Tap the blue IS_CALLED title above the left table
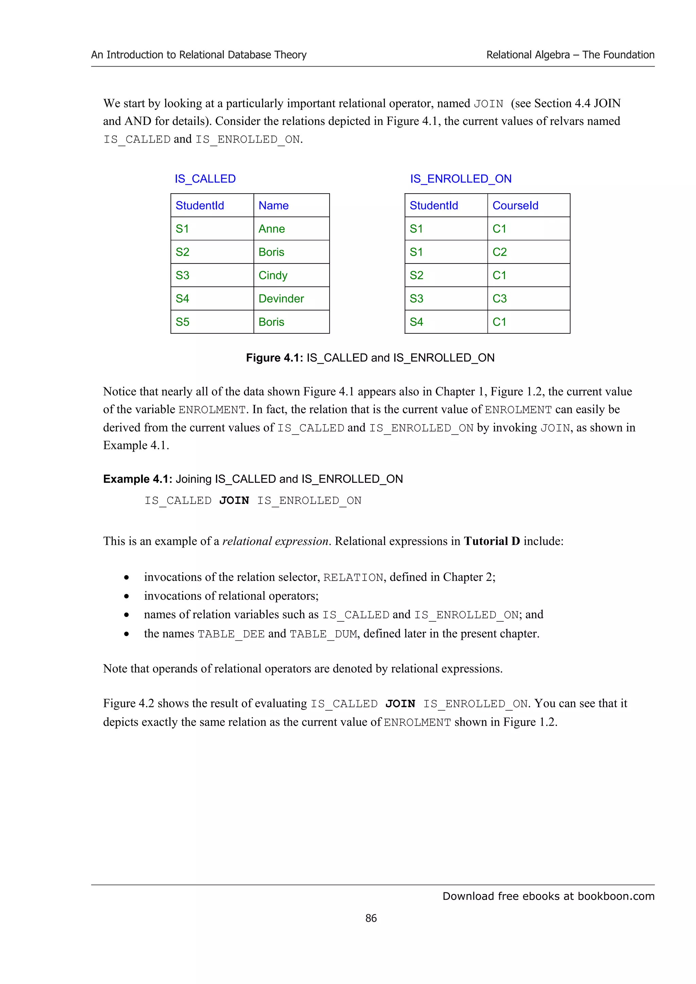coord(205,179)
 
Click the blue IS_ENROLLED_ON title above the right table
coord(460,179)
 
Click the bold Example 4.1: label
coord(137,479)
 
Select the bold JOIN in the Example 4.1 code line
coord(234,500)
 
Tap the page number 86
coord(371,918)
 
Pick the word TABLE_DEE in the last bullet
coord(231,634)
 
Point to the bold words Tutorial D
coord(491,541)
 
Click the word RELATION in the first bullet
coord(353,578)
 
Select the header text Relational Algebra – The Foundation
coord(570,55)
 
